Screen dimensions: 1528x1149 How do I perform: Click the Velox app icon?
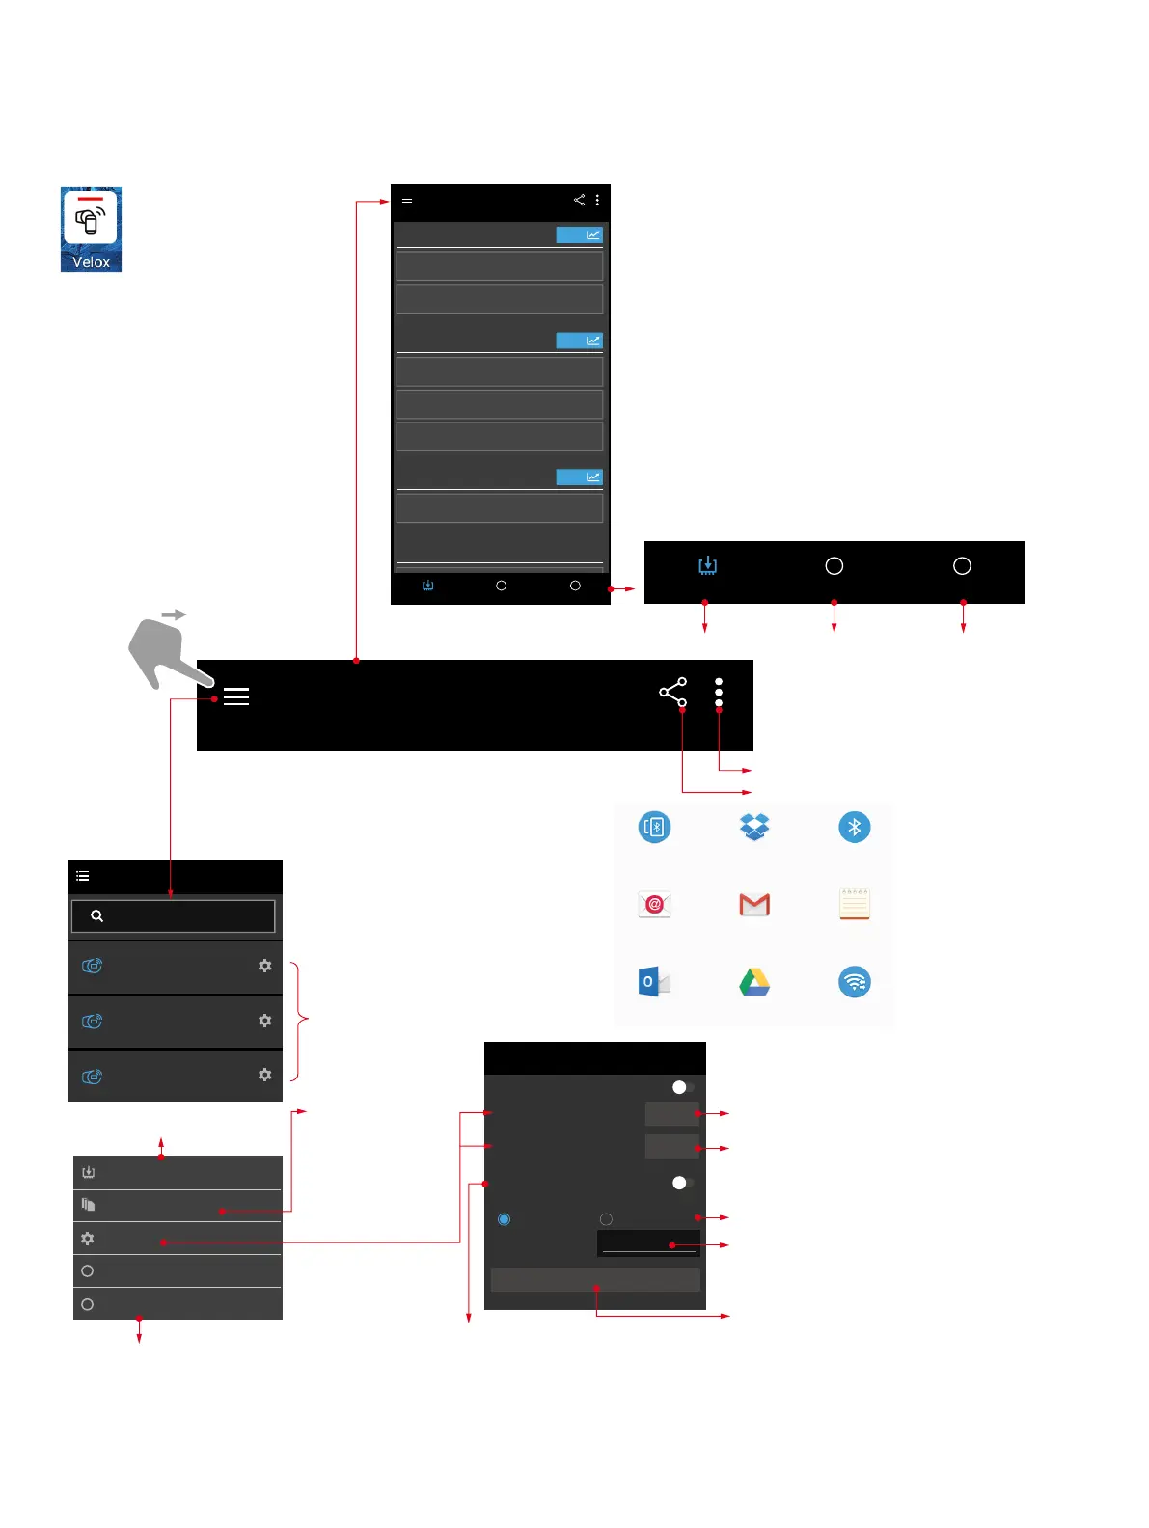pos(91,229)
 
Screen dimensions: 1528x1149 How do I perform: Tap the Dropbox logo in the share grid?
pos(754,827)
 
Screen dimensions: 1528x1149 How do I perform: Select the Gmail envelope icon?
pos(754,905)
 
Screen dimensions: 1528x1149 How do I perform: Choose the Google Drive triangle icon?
pos(754,982)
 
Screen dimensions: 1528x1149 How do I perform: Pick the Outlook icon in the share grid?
pos(654,982)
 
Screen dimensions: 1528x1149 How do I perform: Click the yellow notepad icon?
pos(855,904)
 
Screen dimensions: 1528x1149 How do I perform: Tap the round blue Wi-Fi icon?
pos(855,982)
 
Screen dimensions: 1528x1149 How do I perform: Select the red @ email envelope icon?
pos(654,904)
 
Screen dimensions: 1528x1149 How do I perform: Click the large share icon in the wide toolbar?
pos(672,692)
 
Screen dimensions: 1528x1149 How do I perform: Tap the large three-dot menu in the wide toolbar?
pos(719,692)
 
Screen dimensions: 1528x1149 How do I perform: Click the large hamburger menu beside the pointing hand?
pos(236,696)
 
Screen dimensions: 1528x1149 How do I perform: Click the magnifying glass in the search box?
pos(97,916)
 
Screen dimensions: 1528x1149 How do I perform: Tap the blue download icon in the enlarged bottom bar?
pos(708,565)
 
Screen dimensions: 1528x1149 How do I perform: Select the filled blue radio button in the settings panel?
pos(504,1219)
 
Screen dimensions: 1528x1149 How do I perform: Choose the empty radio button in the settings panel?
pos(606,1219)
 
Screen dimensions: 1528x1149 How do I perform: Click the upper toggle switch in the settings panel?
pos(682,1087)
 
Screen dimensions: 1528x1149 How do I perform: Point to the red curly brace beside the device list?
pos(301,1020)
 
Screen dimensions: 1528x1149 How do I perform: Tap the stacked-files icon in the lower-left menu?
pos(88,1205)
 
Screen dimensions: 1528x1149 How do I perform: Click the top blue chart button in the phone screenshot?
pos(579,234)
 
